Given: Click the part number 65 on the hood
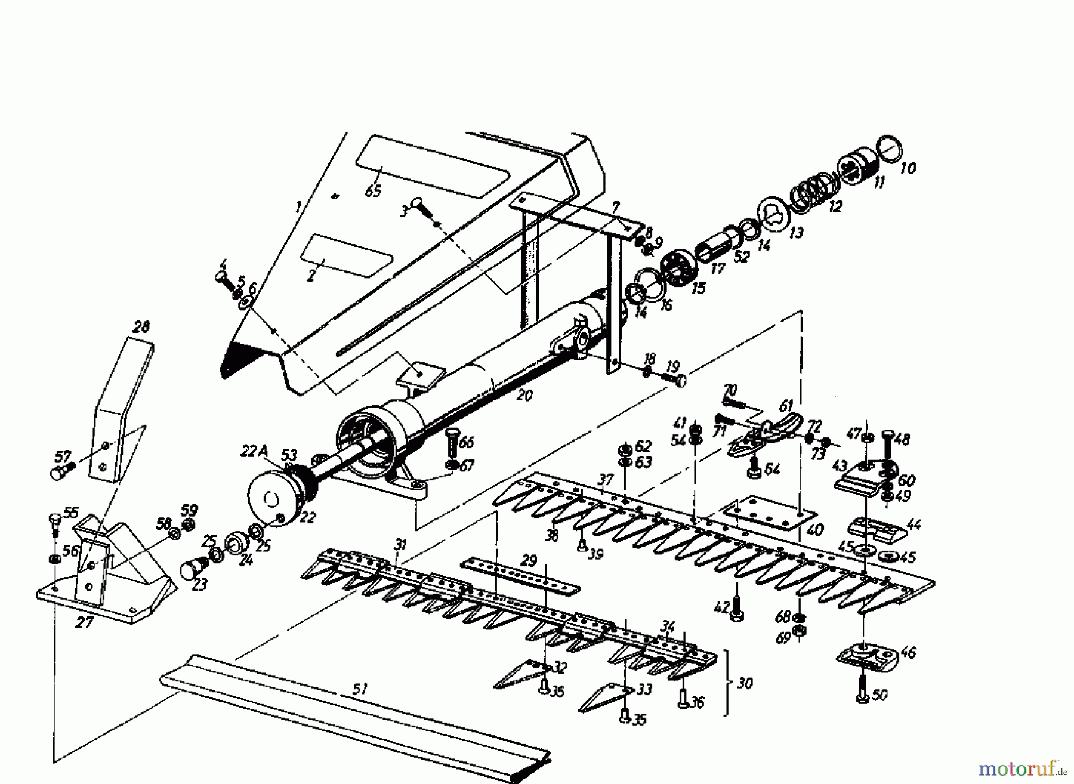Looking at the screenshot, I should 373,192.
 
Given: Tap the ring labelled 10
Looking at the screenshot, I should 889,149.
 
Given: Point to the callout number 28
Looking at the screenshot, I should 141,327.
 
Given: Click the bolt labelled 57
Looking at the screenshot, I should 58,473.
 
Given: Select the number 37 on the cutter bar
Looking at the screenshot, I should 606,479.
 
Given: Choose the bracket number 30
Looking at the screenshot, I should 744,683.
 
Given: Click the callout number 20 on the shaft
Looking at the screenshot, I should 524,395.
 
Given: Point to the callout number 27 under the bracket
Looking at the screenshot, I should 84,622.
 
